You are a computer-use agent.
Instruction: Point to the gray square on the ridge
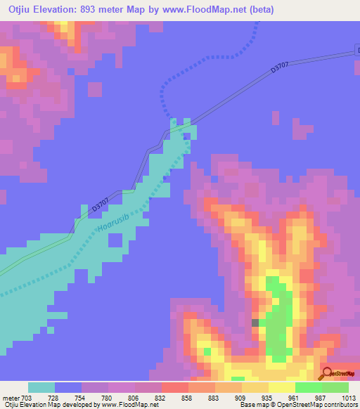tap(255, 323)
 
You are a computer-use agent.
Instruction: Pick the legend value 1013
tap(348, 398)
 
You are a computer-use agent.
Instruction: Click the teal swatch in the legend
tap(41, 387)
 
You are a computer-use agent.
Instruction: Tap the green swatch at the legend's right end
tap(335, 387)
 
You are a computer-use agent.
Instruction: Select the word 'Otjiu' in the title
tap(15, 9)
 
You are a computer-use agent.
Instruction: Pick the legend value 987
tap(321, 398)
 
